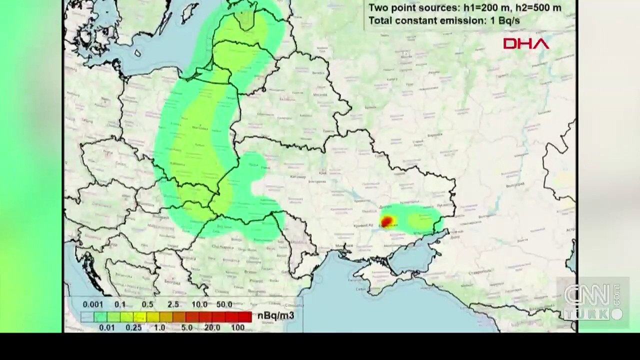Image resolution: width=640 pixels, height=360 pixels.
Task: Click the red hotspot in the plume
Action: click(386, 222)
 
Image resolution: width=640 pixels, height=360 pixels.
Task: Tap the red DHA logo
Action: click(526, 44)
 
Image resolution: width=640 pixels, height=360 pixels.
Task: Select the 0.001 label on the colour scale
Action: click(93, 304)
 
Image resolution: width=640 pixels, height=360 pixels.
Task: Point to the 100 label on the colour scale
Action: click(238, 327)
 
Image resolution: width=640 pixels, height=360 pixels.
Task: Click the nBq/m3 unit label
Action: click(275, 315)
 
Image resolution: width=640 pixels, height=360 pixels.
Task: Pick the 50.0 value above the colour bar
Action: click(224, 304)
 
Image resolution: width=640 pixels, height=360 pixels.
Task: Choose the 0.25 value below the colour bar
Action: click(133, 327)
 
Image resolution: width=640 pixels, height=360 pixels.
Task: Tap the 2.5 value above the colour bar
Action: click(173, 304)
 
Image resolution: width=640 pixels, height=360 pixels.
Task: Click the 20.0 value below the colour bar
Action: click(212, 327)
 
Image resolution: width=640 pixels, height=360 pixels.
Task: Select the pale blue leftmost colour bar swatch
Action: click(87, 316)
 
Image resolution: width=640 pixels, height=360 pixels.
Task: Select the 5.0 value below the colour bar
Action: click(187, 327)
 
